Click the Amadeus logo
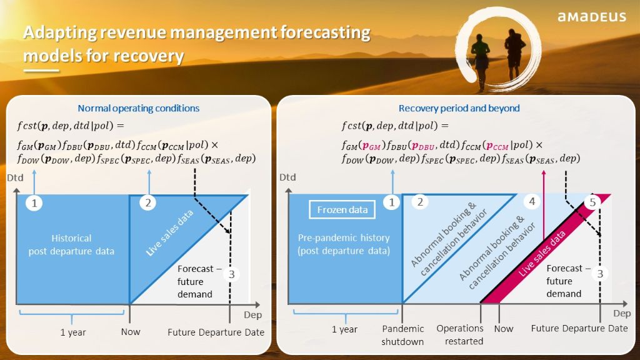(591, 17)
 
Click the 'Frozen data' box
(342, 209)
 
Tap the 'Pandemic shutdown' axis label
(403, 335)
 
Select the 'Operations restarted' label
(460, 335)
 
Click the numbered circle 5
(592, 202)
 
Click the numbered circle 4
(532, 201)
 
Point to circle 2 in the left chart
(148, 203)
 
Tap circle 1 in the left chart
(34, 203)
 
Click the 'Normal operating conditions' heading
(138, 108)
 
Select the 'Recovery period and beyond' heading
(459, 108)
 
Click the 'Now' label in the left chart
(131, 332)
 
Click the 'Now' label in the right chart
(504, 329)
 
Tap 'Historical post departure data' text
(71, 244)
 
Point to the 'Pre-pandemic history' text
(344, 237)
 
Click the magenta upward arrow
(543, 205)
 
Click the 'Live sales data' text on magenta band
(542, 254)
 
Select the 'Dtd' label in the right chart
(287, 177)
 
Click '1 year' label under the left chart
(73, 332)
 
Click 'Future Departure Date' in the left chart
(216, 332)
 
